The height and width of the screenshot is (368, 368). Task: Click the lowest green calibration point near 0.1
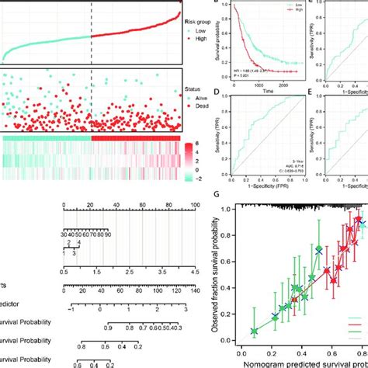coord(254,332)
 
